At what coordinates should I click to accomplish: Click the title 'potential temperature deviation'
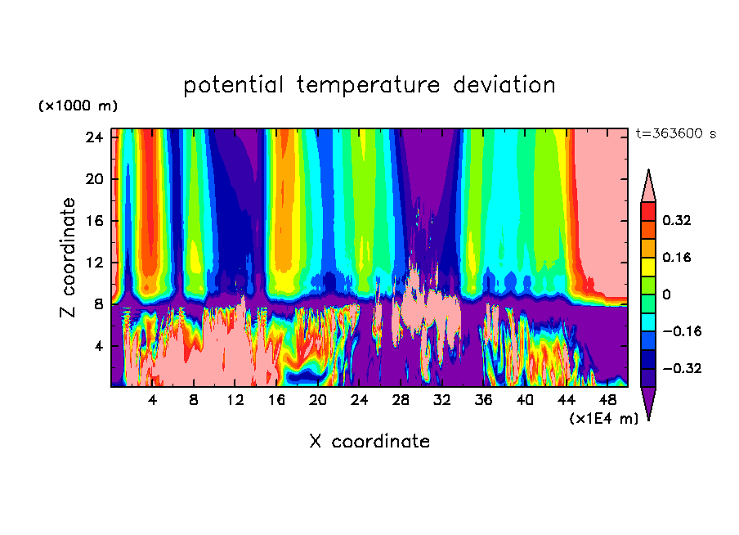pyautogui.click(x=369, y=85)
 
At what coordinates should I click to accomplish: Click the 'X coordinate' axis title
pyautogui.click(x=369, y=442)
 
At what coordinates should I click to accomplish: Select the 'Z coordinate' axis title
pyautogui.click(x=69, y=258)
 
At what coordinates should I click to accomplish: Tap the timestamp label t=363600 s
pyautogui.click(x=675, y=134)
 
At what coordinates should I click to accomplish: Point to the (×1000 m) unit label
pyautogui.click(x=78, y=106)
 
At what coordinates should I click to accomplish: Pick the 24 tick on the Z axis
pyautogui.click(x=94, y=137)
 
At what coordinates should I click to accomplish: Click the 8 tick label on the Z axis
pyautogui.click(x=98, y=304)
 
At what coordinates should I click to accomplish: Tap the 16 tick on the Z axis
pyautogui.click(x=94, y=221)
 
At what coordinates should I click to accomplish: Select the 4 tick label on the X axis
pyautogui.click(x=153, y=401)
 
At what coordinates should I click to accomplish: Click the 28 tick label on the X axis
pyautogui.click(x=401, y=401)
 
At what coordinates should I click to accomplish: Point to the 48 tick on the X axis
pyautogui.click(x=608, y=401)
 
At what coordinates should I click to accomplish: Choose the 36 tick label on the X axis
pyautogui.click(x=484, y=401)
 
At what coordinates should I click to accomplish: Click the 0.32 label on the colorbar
pyautogui.click(x=678, y=220)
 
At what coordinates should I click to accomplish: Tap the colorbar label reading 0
pyautogui.click(x=668, y=294)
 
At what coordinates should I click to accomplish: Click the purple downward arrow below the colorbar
pyautogui.click(x=648, y=402)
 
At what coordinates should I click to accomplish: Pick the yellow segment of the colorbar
pyautogui.click(x=648, y=266)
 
